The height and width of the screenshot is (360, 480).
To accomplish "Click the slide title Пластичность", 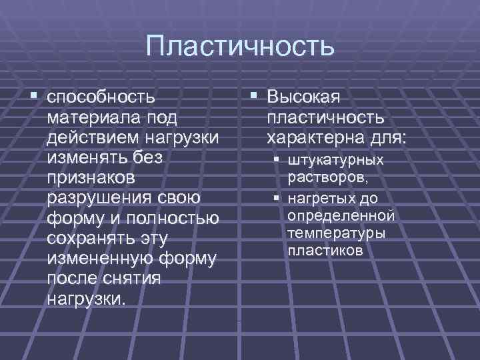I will click(x=239, y=47).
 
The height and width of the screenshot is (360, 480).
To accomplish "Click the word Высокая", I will click(x=303, y=97).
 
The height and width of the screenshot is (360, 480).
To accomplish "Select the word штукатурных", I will click(x=335, y=161).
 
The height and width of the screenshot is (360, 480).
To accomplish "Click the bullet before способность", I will click(x=34, y=97).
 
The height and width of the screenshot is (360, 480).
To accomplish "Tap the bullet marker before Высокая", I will click(x=253, y=97).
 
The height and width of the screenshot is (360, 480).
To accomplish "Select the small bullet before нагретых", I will click(x=275, y=198).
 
